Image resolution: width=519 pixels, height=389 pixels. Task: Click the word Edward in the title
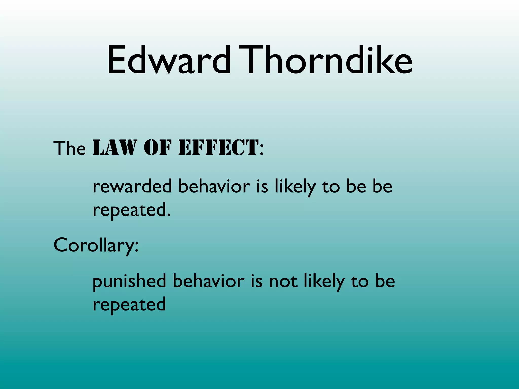tap(169, 60)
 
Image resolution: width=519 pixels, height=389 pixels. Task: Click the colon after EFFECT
tap(262, 151)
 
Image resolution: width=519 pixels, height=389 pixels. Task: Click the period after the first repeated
tap(169, 216)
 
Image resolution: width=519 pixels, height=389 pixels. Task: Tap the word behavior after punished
tap(209, 281)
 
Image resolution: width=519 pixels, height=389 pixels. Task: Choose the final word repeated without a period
tap(129, 305)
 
